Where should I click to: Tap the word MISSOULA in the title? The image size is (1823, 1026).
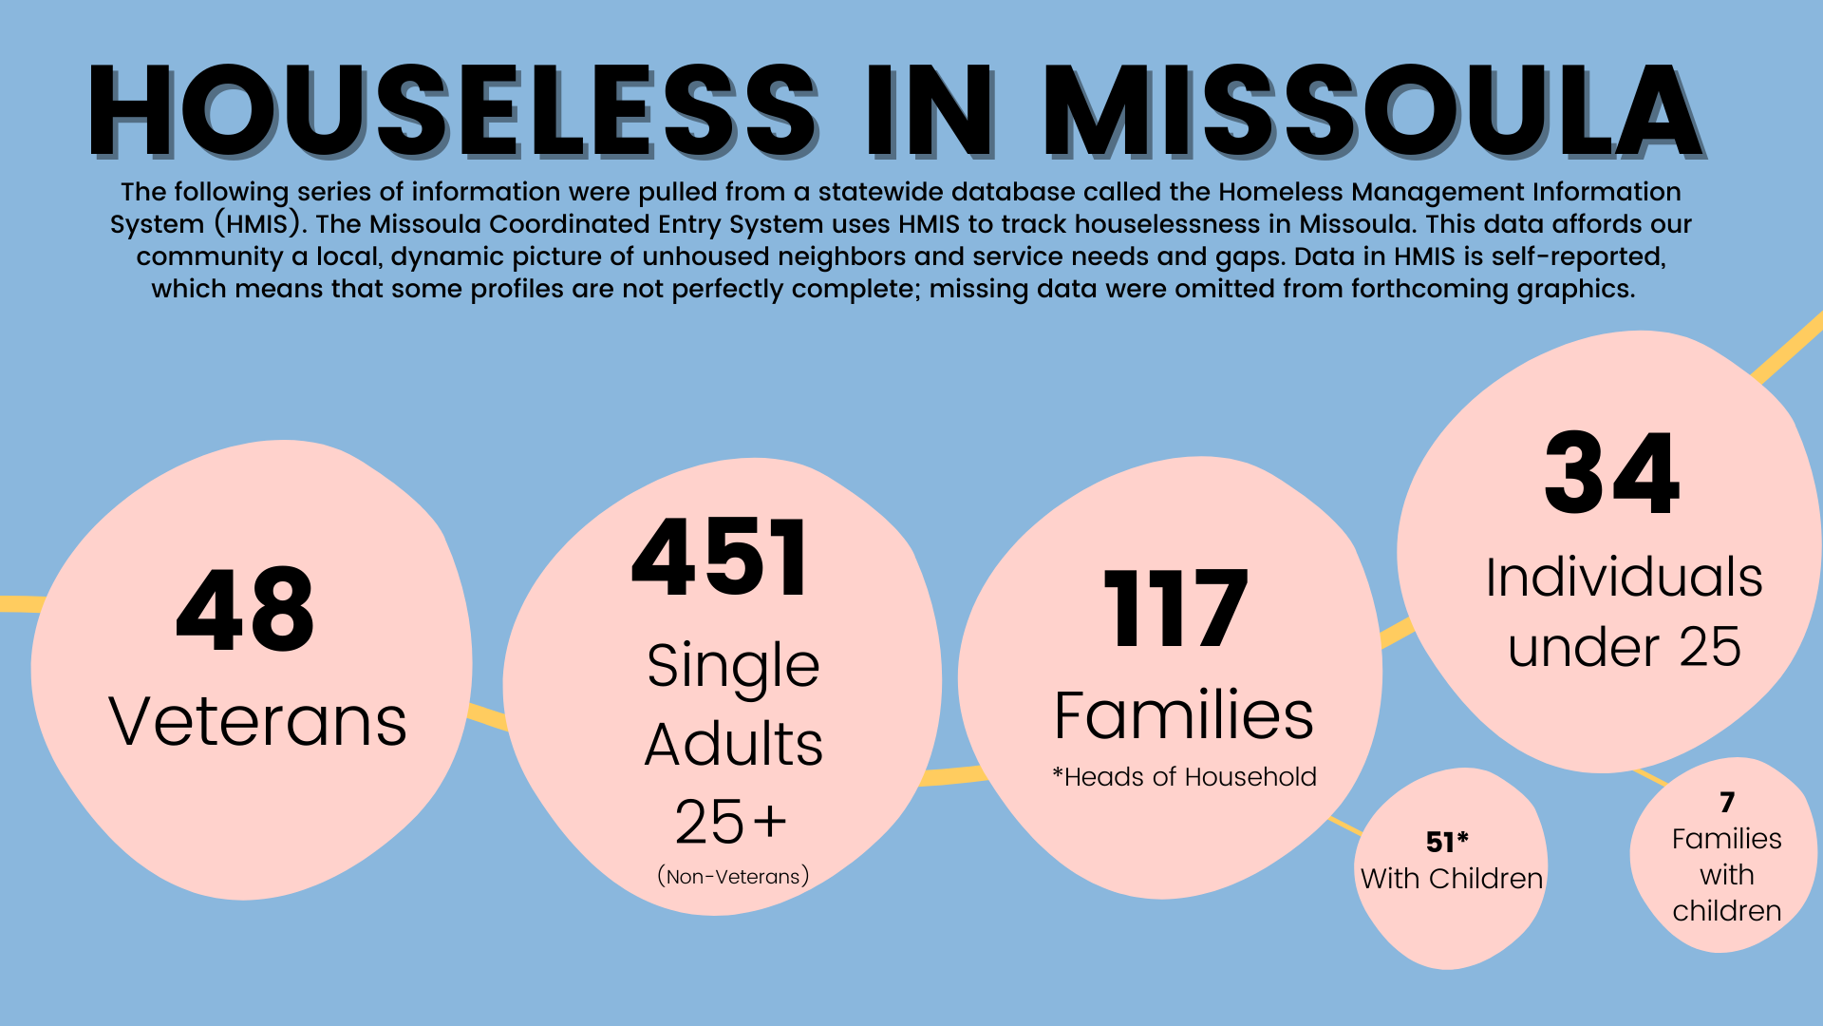1372,110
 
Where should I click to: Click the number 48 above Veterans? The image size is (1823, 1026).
245,610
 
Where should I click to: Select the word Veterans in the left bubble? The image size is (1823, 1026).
258,722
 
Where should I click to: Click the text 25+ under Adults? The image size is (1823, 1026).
730,822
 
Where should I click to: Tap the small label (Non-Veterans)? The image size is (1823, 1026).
733,876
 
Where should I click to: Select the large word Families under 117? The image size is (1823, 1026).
1184,715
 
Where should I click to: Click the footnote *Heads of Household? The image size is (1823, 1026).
1184,777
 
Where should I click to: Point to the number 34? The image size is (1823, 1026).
1611,473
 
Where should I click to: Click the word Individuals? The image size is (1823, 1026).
1624,578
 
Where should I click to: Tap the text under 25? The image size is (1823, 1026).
1624,648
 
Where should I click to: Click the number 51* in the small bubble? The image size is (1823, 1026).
1447,842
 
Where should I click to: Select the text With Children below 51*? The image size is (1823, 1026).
1451,879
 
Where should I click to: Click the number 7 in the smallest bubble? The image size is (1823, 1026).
1727,803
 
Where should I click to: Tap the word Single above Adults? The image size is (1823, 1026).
733,665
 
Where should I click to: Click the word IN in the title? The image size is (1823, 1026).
929,110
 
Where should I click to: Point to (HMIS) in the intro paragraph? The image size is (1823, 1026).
257,224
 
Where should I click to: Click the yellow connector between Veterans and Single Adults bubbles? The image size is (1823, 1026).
488,715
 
